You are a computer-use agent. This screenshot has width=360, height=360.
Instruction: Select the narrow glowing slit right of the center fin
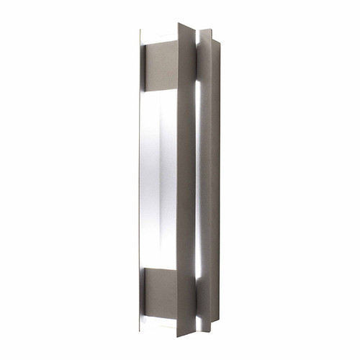pos(199,180)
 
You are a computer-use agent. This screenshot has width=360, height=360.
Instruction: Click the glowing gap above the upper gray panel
pos(158,36)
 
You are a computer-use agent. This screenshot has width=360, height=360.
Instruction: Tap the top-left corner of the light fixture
pos(141,31)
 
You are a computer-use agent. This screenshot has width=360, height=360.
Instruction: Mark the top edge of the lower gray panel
pos(160,269)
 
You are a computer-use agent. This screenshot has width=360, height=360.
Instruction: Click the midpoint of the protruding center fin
pos(186,180)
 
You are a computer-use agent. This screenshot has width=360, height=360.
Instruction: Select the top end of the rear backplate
pos(207,31)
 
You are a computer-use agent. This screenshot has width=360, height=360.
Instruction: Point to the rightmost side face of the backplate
pos(216,180)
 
